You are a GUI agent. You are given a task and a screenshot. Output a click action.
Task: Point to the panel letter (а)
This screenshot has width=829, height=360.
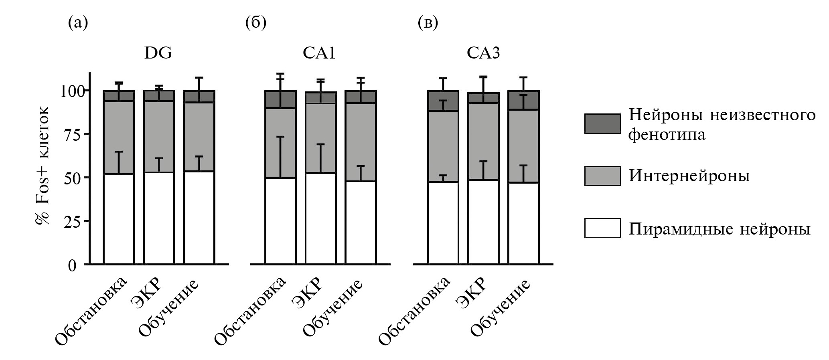[78, 23]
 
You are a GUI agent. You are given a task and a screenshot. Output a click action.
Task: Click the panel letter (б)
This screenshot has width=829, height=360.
[256, 23]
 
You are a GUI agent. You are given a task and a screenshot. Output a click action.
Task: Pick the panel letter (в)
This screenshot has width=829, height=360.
[428, 23]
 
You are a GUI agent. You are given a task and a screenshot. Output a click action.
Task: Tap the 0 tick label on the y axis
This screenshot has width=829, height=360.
[72, 265]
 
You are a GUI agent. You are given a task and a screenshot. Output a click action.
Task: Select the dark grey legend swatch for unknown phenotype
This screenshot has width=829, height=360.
[602, 123]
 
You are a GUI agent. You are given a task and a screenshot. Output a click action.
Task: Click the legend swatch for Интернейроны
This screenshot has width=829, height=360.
[602, 176]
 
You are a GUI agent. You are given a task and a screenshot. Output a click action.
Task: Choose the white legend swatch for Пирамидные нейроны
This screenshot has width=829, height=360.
[602, 228]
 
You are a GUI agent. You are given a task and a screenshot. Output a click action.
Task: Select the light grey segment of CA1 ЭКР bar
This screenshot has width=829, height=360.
[320, 138]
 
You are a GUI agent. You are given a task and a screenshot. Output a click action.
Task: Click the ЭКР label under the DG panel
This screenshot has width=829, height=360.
[147, 293]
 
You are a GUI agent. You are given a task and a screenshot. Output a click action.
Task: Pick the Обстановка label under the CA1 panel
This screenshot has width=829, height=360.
[250, 311]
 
